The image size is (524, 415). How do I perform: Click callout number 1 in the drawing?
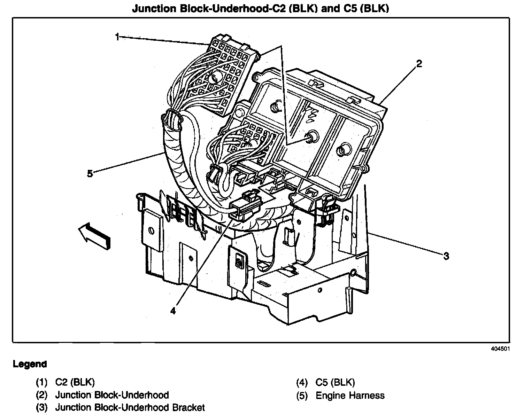(117, 37)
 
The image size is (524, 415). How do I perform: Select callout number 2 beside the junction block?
(419, 64)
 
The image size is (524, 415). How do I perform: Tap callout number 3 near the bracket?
(446, 257)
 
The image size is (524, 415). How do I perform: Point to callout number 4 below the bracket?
(173, 311)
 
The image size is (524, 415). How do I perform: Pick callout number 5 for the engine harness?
(90, 173)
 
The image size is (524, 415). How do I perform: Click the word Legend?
(30, 365)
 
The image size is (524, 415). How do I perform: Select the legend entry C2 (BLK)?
(75, 382)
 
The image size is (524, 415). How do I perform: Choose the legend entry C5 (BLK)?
(335, 383)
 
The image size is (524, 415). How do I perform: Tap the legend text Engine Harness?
(350, 396)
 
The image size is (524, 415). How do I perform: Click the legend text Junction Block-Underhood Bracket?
(130, 407)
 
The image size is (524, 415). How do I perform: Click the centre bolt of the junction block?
(311, 137)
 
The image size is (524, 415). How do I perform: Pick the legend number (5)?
(302, 396)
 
